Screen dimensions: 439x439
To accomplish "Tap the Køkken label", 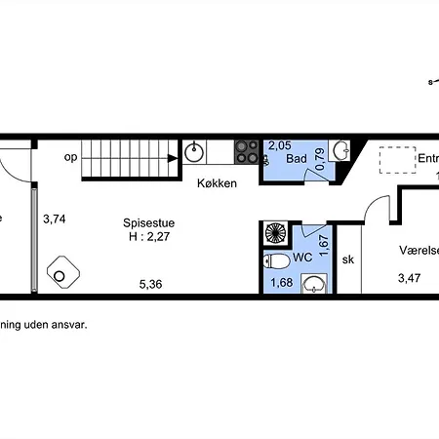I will click(x=217, y=183).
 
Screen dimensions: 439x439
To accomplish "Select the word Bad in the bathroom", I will click(x=299, y=157).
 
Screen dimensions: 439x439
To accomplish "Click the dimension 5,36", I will click(x=149, y=285).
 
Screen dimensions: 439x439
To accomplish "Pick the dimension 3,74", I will click(x=55, y=219).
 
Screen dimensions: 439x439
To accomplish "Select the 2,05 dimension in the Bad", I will click(x=280, y=144).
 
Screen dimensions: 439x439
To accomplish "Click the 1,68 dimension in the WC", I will click(x=281, y=284).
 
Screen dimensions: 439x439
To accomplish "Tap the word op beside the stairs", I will click(x=70, y=156).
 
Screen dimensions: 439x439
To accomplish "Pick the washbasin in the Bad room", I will click(x=340, y=150).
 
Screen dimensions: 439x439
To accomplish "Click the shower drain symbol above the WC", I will click(x=277, y=235).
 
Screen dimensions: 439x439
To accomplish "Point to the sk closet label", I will click(x=347, y=259).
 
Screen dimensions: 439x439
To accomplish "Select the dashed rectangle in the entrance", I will click(x=398, y=159).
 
